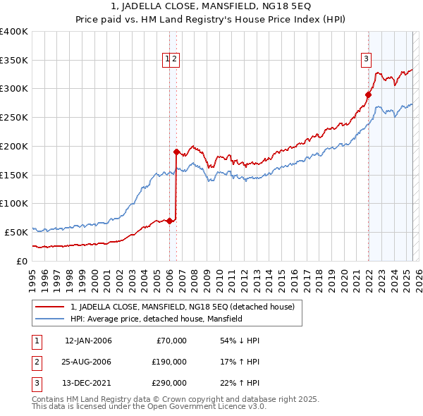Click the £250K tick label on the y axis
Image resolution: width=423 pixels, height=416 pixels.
[x=14, y=117]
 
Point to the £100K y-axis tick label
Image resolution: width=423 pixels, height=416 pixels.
[x=14, y=203]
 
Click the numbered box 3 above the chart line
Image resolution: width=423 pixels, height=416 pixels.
[x=367, y=60]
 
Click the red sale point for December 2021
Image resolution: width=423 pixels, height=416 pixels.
[x=368, y=94]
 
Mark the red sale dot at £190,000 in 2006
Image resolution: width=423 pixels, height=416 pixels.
[x=176, y=151]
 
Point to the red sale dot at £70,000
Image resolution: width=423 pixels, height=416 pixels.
[x=169, y=221]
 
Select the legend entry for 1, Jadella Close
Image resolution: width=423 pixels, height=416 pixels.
[x=186, y=307]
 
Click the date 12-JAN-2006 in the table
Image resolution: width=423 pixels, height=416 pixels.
[x=87, y=341]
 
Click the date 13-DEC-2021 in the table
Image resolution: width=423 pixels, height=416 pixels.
[x=87, y=384]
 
